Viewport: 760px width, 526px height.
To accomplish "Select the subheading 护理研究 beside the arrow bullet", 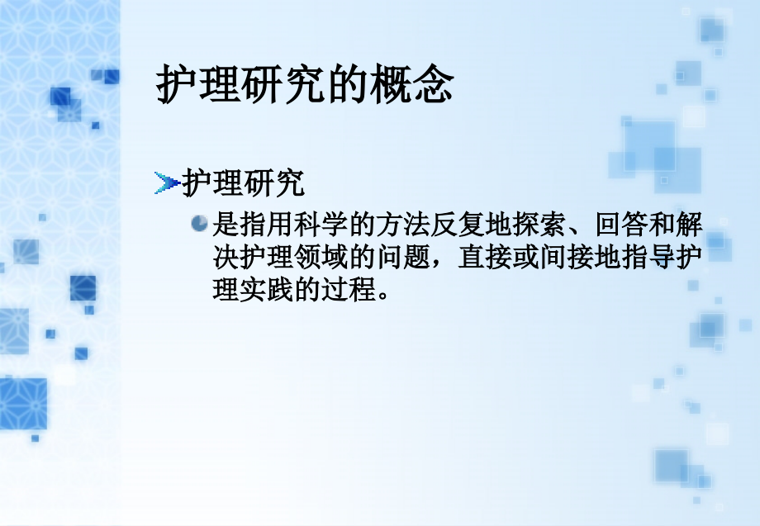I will point(244,183).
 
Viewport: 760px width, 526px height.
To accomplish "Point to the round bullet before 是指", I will point(199,223).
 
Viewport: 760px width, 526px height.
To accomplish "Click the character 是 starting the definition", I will point(226,224).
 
